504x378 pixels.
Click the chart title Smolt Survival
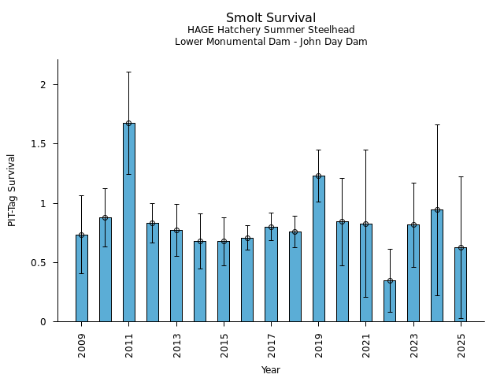[271, 18]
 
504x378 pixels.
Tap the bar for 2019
[318, 248]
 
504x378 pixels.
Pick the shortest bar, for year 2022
[390, 301]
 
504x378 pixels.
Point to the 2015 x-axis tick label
[224, 345]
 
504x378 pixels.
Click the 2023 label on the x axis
[413, 345]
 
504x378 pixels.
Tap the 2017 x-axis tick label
[271, 345]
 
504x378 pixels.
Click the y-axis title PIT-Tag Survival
[12, 190]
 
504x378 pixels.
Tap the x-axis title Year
[271, 370]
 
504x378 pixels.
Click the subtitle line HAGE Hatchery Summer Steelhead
[271, 30]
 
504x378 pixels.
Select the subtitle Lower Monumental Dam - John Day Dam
[271, 42]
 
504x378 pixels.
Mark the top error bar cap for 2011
[128, 72]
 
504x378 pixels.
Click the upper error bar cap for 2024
[437, 124]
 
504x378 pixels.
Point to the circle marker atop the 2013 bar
[176, 231]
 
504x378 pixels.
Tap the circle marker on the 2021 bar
[366, 224]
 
